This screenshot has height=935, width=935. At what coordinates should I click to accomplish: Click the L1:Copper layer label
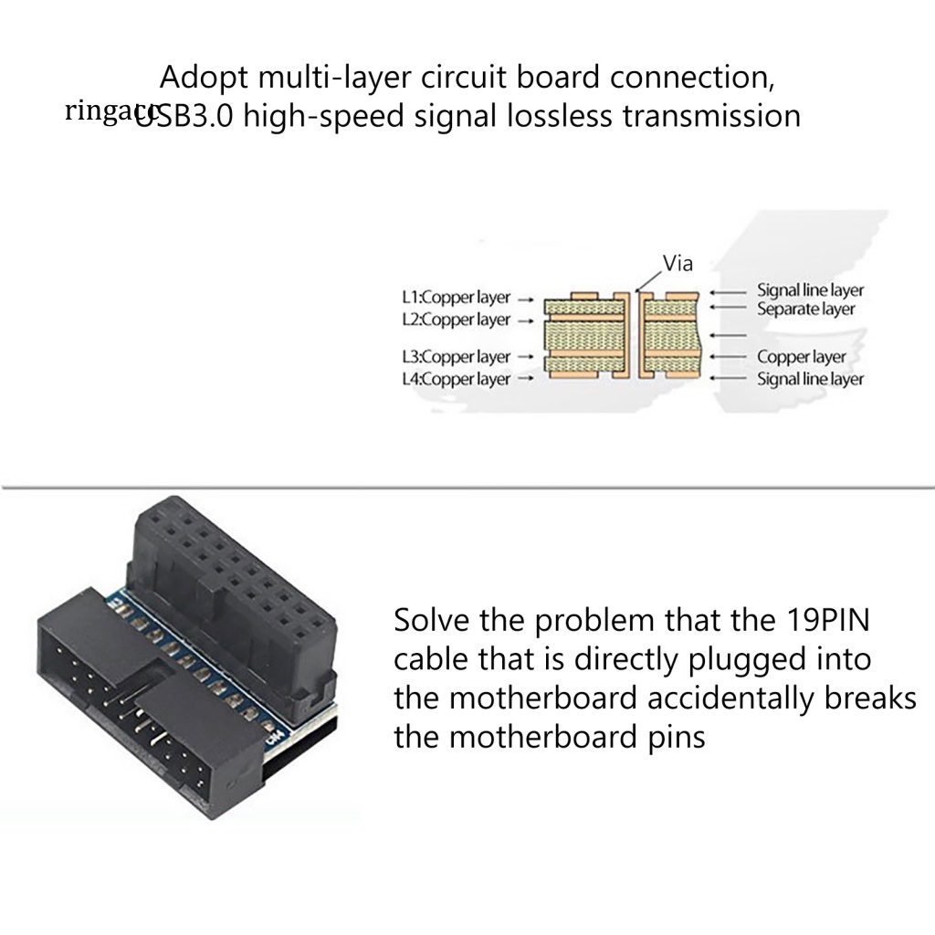(x=456, y=298)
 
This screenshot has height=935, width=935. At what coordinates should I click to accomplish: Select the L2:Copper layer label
(x=456, y=320)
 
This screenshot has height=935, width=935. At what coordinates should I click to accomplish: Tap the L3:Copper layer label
(x=456, y=357)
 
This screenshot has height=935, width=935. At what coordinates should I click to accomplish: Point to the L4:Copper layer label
(x=456, y=379)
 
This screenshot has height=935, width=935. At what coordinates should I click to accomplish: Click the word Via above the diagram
(x=678, y=264)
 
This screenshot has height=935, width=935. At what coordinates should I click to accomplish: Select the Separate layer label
(x=805, y=309)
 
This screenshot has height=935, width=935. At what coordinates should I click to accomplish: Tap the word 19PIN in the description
(x=827, y=621)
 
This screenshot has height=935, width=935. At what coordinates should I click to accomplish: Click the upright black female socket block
(x=237, y=584)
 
